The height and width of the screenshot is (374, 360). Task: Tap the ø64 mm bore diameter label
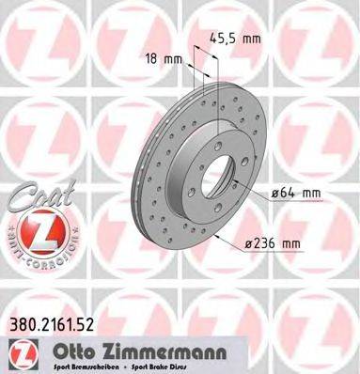[x=296, y=194]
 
